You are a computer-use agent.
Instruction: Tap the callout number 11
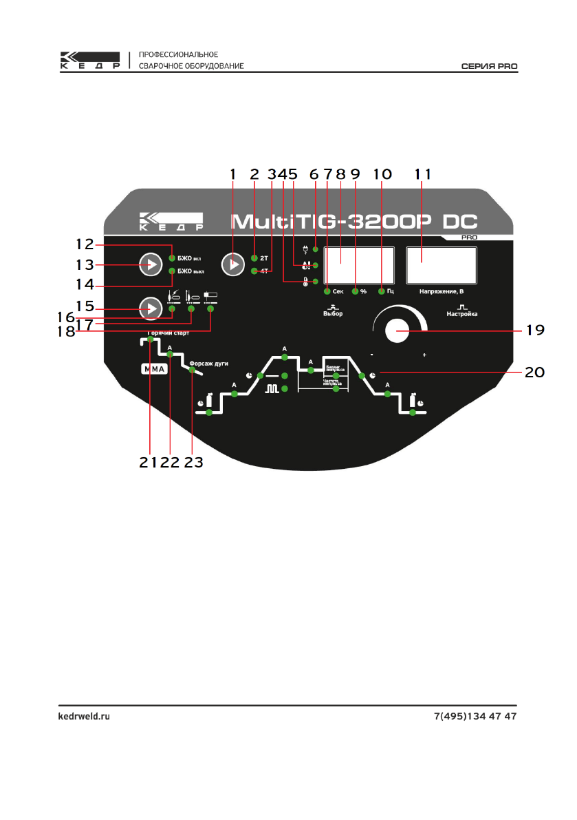tap(422, 174)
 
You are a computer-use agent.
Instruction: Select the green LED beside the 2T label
tap(254, 257)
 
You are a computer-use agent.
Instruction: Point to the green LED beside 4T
tap(254, 271)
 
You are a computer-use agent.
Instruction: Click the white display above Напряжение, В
tap(442, 265)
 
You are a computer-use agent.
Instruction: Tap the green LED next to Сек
tap(327, 292)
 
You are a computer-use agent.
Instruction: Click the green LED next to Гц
tap(380, 292)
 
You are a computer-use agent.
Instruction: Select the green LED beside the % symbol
tap(355, 292)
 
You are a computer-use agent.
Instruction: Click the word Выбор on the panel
tap(333, 314)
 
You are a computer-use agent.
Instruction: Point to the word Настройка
tap(461, 314)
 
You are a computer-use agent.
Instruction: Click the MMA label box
tap(154, 369)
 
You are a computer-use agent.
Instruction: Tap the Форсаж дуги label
tap(208, 362)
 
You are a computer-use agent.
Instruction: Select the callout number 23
tap(193, 462)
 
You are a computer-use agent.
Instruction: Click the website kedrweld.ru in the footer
tap(83, 716)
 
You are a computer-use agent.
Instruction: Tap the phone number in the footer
tap(475, 716)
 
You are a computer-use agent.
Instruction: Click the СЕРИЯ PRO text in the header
tap(488, 66)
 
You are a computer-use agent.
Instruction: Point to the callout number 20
tap(534, 372)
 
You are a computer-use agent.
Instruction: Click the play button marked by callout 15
tap(149, 308)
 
